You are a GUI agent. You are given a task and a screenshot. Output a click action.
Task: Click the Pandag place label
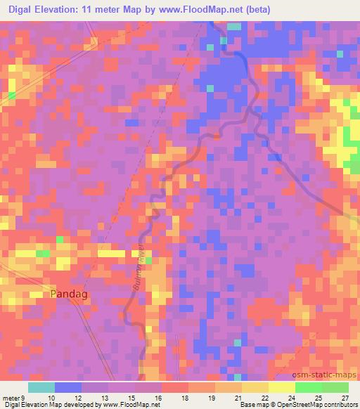70,294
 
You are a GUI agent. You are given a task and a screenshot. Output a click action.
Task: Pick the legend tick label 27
344,398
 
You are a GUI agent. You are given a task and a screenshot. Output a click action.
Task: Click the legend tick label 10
51,398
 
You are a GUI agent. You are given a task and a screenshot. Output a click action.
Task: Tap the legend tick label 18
185,398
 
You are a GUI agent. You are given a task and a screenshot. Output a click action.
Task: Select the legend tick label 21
238,398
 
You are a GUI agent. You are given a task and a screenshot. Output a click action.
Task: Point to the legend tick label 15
131,398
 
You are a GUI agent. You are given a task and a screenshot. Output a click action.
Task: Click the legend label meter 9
14,398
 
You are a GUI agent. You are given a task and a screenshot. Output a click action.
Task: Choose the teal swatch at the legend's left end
41,387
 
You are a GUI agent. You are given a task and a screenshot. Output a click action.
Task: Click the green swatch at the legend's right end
335,387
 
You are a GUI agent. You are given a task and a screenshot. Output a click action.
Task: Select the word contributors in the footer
341,405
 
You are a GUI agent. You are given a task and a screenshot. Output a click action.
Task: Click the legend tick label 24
292,398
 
